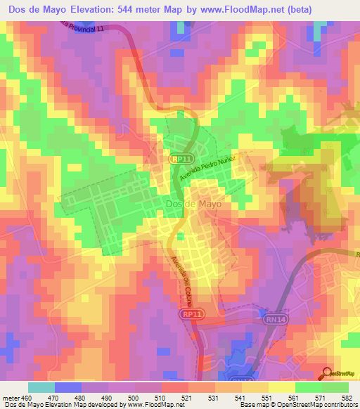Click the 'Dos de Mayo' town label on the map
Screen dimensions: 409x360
pyautogui.click(x=193, y=204)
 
